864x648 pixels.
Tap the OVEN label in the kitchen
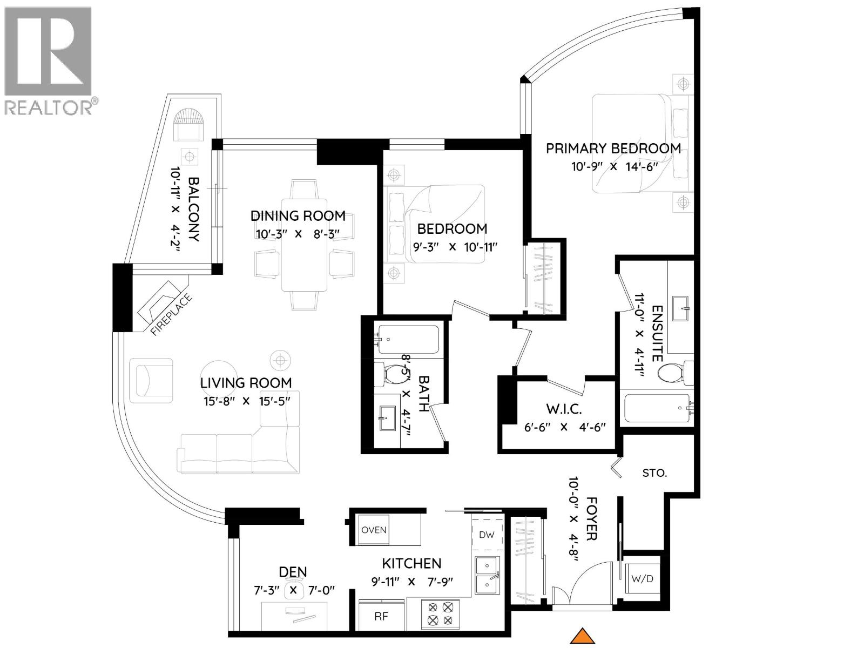pos(374,530)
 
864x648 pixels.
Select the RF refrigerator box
pos(381,617)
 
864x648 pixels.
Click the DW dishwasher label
pos(487,535)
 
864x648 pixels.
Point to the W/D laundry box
pos(642,579)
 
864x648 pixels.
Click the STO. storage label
pos(654,473)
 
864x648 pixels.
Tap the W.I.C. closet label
pos(563,409)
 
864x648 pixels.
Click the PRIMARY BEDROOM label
pos(613,148)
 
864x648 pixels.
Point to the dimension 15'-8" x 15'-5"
pos(246,401)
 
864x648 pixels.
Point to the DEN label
pos(293,572)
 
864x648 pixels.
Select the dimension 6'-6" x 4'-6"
pos(565,427)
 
